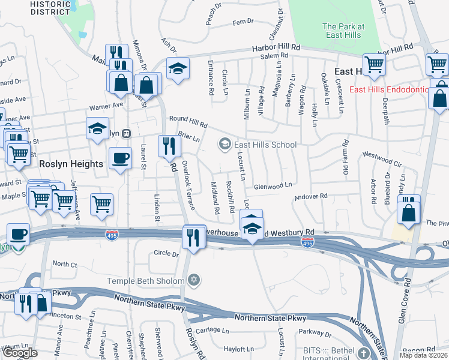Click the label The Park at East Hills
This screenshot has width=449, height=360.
click(343, 31)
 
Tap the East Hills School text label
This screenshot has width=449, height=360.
click(265, 145)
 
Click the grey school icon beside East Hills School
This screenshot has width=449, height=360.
click(225, 144)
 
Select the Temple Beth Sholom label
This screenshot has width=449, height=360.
click(146, 280)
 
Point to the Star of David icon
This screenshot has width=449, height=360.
click(193, 280)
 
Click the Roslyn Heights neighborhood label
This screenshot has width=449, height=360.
click(64, 163)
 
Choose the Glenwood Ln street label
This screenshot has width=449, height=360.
click(273, 185)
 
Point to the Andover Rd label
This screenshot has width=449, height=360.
click(310, 196)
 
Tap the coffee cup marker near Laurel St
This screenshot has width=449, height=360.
click(120, 158)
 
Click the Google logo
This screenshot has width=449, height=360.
click(20, 353)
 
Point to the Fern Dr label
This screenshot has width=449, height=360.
click(243, 22)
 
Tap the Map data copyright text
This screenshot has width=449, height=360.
click(424, 355)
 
